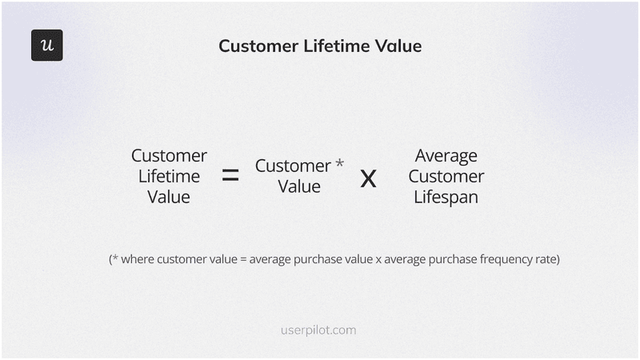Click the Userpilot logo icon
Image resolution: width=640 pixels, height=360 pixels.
point(46,46)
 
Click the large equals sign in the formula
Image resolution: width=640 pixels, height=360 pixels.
point(230,176)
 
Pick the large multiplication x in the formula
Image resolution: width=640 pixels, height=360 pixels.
point(368,178)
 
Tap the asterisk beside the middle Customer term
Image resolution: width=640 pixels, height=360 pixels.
point(340,164)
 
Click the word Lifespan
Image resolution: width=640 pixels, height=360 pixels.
point(446,197)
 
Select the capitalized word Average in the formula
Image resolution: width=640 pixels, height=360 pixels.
point(446,155)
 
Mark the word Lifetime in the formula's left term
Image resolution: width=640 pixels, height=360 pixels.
point(169,176)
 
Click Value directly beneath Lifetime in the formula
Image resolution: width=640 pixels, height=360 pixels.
point(169,197)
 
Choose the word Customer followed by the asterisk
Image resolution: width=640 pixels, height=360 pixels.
point(293,166)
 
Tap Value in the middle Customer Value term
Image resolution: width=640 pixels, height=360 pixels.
point(299,186)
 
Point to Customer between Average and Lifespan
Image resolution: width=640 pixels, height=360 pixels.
point(446,176)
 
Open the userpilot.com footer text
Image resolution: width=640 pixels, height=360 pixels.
point(319,330)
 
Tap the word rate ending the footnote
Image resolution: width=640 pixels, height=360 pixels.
point(546,260)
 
